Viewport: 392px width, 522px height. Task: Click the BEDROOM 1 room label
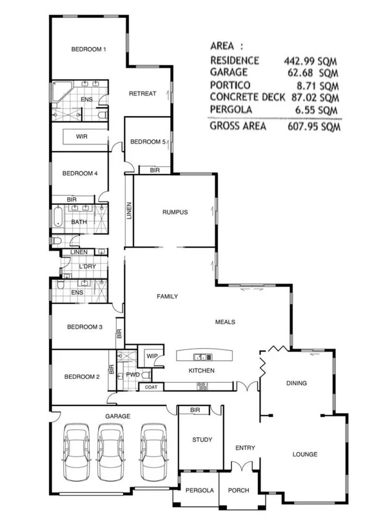tap(88, 50)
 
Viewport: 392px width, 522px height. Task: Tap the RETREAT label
tap(142, 94)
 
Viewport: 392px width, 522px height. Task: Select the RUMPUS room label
tap(174, 214)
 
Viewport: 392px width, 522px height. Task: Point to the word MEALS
tap(225, 322)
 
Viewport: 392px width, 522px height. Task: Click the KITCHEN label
tap(201, 371)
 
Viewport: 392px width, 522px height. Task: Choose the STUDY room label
tap(202, 440)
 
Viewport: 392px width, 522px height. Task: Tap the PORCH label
tap(239, 490)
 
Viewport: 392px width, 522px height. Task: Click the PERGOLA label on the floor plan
tap(199, 490)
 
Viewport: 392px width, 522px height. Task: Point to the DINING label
tap(296, 383)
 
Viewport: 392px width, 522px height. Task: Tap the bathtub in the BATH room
tap(57, 218)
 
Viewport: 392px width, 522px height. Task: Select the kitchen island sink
tap(201, 356)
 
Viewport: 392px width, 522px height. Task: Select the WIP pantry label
tap(152, 356)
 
